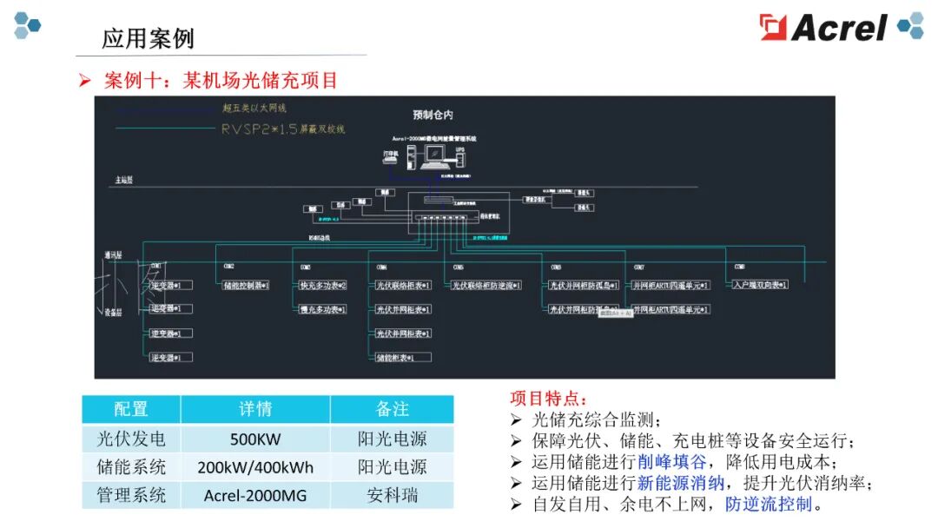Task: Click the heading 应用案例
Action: coord(148,38)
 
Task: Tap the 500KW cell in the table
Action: coord(254,439)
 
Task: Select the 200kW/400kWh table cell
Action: coord(254,467)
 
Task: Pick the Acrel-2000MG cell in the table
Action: coord(254,496)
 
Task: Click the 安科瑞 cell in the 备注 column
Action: coord(393,496)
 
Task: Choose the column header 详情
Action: coord(254,409)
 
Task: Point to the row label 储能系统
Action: coord(131,467)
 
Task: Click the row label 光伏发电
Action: coord(131,439)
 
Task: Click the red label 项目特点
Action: coord(548,399)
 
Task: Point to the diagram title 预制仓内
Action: coord(433,115)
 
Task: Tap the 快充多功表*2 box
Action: coord(322,285)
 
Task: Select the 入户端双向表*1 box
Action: coord(760,285)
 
